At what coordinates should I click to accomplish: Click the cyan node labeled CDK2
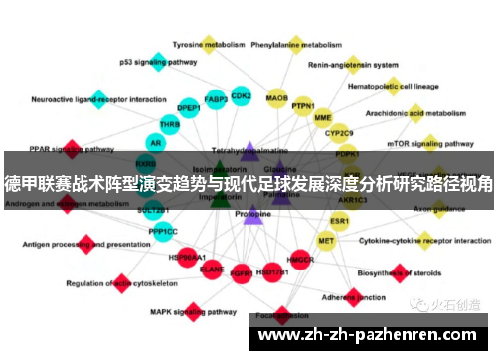pyautogui.click(x=241, y=95)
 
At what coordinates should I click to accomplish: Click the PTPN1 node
pyautogui.click(x=303, y=105)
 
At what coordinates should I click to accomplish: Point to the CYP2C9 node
pyautogui.click(x=340, y=132)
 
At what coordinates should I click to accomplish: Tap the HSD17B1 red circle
pyautogui.click(x=270, y=270)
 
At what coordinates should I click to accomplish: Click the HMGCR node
pyautogui.click(x=300, y=261)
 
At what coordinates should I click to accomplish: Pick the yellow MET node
pyautogui.click(x=326, y=241)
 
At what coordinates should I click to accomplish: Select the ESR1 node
pyautogui.click(x=340, y=220)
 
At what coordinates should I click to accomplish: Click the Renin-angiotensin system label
pyautogui.click(x=348, y=66)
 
